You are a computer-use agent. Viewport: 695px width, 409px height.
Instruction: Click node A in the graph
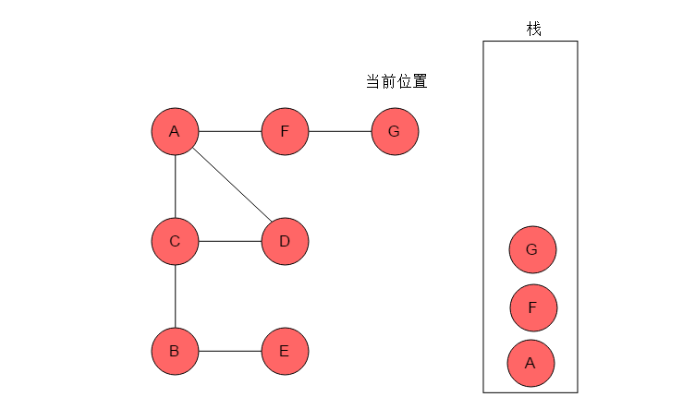[175, 131]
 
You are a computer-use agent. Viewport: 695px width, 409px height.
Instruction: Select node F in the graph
[285, 131]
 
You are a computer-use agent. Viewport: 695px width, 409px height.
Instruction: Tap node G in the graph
[395, 131]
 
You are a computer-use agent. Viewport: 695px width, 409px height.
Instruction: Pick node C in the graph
[175, 241]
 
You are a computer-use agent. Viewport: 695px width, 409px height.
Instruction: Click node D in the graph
[285, 241]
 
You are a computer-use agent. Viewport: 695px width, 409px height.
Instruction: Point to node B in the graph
[175, 351]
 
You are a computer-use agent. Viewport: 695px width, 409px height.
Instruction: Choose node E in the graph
[285, 351]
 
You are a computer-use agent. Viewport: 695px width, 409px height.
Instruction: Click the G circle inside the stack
[532, 249]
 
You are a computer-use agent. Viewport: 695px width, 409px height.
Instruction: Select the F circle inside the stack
[533, 307]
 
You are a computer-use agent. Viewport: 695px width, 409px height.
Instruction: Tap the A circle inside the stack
[530, 364]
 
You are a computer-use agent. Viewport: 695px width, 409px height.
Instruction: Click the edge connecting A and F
[230, 131]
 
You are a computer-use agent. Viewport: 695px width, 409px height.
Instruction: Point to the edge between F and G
[340, 131]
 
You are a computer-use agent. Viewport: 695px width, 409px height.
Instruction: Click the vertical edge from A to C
[175, 186]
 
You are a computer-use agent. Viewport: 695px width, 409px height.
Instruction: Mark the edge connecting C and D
[230, 241]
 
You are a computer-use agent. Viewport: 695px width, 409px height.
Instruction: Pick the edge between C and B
[175, 296]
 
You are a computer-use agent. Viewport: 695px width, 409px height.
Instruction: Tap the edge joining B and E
[230, 351]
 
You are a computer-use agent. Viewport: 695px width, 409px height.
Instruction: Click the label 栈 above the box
[533, 30]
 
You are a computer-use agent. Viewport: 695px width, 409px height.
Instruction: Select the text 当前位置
[396, 81]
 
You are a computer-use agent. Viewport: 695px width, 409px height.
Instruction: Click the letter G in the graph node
[394, 131]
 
